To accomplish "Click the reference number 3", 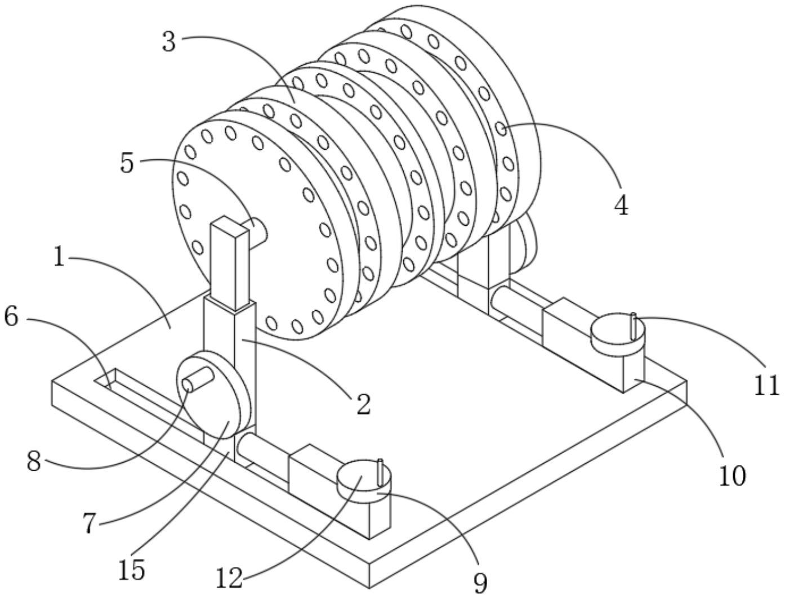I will click(x=169, y=42).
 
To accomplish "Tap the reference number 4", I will click(x=621, y=206).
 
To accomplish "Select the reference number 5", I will click(x=127, y=163).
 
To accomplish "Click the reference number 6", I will click(x=11, y=317).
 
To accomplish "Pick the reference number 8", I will click(x=34, y=463).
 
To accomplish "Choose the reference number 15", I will click(x=132, y=570).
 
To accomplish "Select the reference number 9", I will click(x=480, y=583).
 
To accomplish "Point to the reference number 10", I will click(x=732, y=476).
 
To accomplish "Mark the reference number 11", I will click(x=766, y=386).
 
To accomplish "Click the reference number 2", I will click(x=364, y=404).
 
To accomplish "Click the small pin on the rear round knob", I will click(x=634, y=325).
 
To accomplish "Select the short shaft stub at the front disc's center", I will click(x=258, y=229).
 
